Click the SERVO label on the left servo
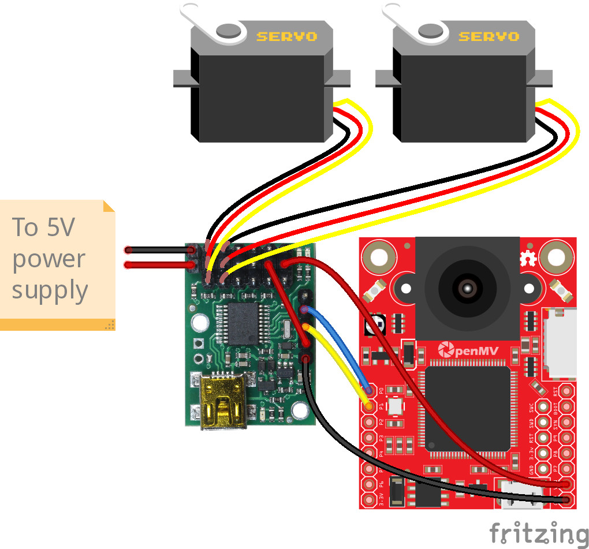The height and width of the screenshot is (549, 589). pos(286,36)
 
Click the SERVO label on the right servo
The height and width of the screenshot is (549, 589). pos(489,36)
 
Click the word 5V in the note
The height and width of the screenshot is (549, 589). pos(59,227)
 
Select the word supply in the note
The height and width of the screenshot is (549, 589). pos(50,290)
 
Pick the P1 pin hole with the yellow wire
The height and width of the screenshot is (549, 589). pos(368,406)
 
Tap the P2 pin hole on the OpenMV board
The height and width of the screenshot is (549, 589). pos(368,422)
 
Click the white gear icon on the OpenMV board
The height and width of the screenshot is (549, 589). pos(527,258)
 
